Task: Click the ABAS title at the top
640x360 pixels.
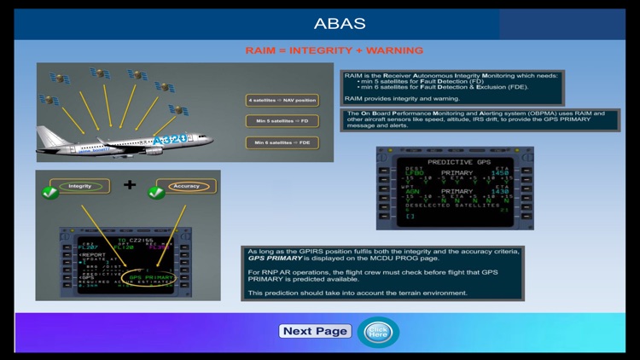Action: pos(340,23)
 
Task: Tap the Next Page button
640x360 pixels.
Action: pos(315,331)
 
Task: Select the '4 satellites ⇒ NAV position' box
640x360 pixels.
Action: pos(282,100)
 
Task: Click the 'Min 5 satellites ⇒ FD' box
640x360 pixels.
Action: pos(282,121)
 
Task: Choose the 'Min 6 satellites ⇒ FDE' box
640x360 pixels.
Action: pos(282,142)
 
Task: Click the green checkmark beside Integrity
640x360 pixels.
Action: pos(49,193)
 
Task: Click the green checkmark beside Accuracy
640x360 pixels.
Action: pos(156,193)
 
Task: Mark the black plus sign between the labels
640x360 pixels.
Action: pos(130,184)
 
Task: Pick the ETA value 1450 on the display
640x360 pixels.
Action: pos(498,173)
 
